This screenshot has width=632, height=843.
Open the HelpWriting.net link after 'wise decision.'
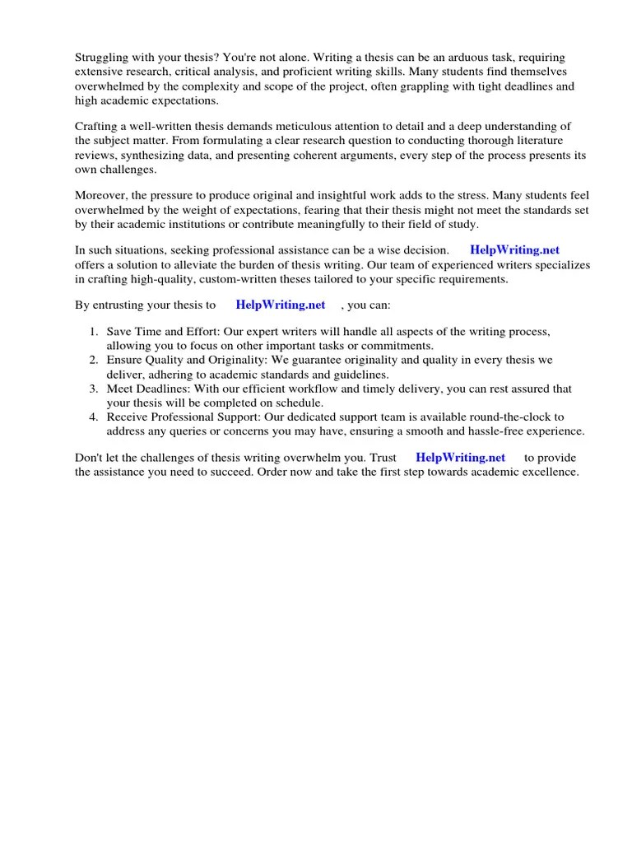[x=514, y=249]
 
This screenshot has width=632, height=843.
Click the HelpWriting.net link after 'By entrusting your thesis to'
[x=281, y=305]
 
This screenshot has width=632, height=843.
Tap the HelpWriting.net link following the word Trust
[x=460, y=457]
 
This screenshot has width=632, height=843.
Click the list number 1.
[x=94, y=331]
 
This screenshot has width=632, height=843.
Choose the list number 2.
[x=94, y=360]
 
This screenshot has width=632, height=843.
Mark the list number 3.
[x=94, y=389]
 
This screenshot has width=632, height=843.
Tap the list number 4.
[x=94, y=417]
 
